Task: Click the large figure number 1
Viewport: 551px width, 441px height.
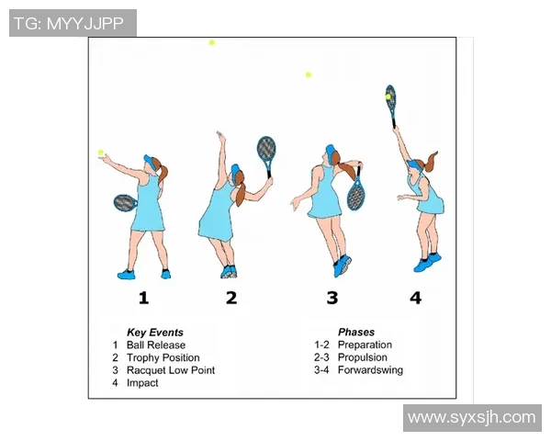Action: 143,298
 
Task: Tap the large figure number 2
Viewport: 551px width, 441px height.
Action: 231,298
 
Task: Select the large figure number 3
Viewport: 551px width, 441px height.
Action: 332,298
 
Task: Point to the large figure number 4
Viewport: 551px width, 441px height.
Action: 415,298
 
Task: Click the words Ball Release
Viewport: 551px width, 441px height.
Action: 156,345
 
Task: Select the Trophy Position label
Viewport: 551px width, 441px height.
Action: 163,357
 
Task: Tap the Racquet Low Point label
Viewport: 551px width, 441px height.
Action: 171,370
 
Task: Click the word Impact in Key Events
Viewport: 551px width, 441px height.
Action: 142,383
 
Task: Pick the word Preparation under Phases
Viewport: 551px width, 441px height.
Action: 365,345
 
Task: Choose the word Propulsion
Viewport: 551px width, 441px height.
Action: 363,357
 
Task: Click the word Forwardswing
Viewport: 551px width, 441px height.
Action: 370,370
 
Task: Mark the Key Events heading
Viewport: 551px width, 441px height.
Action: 155,333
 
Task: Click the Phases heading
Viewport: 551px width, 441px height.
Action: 356,333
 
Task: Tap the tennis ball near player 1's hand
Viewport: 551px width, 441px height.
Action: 101,153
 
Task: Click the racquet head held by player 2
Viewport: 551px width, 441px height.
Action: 266,149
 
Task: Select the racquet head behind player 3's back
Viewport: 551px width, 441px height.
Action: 355,194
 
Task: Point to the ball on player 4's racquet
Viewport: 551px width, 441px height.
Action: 388,96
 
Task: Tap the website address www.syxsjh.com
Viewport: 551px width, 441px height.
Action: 472,418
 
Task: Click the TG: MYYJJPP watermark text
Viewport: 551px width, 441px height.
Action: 69,24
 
